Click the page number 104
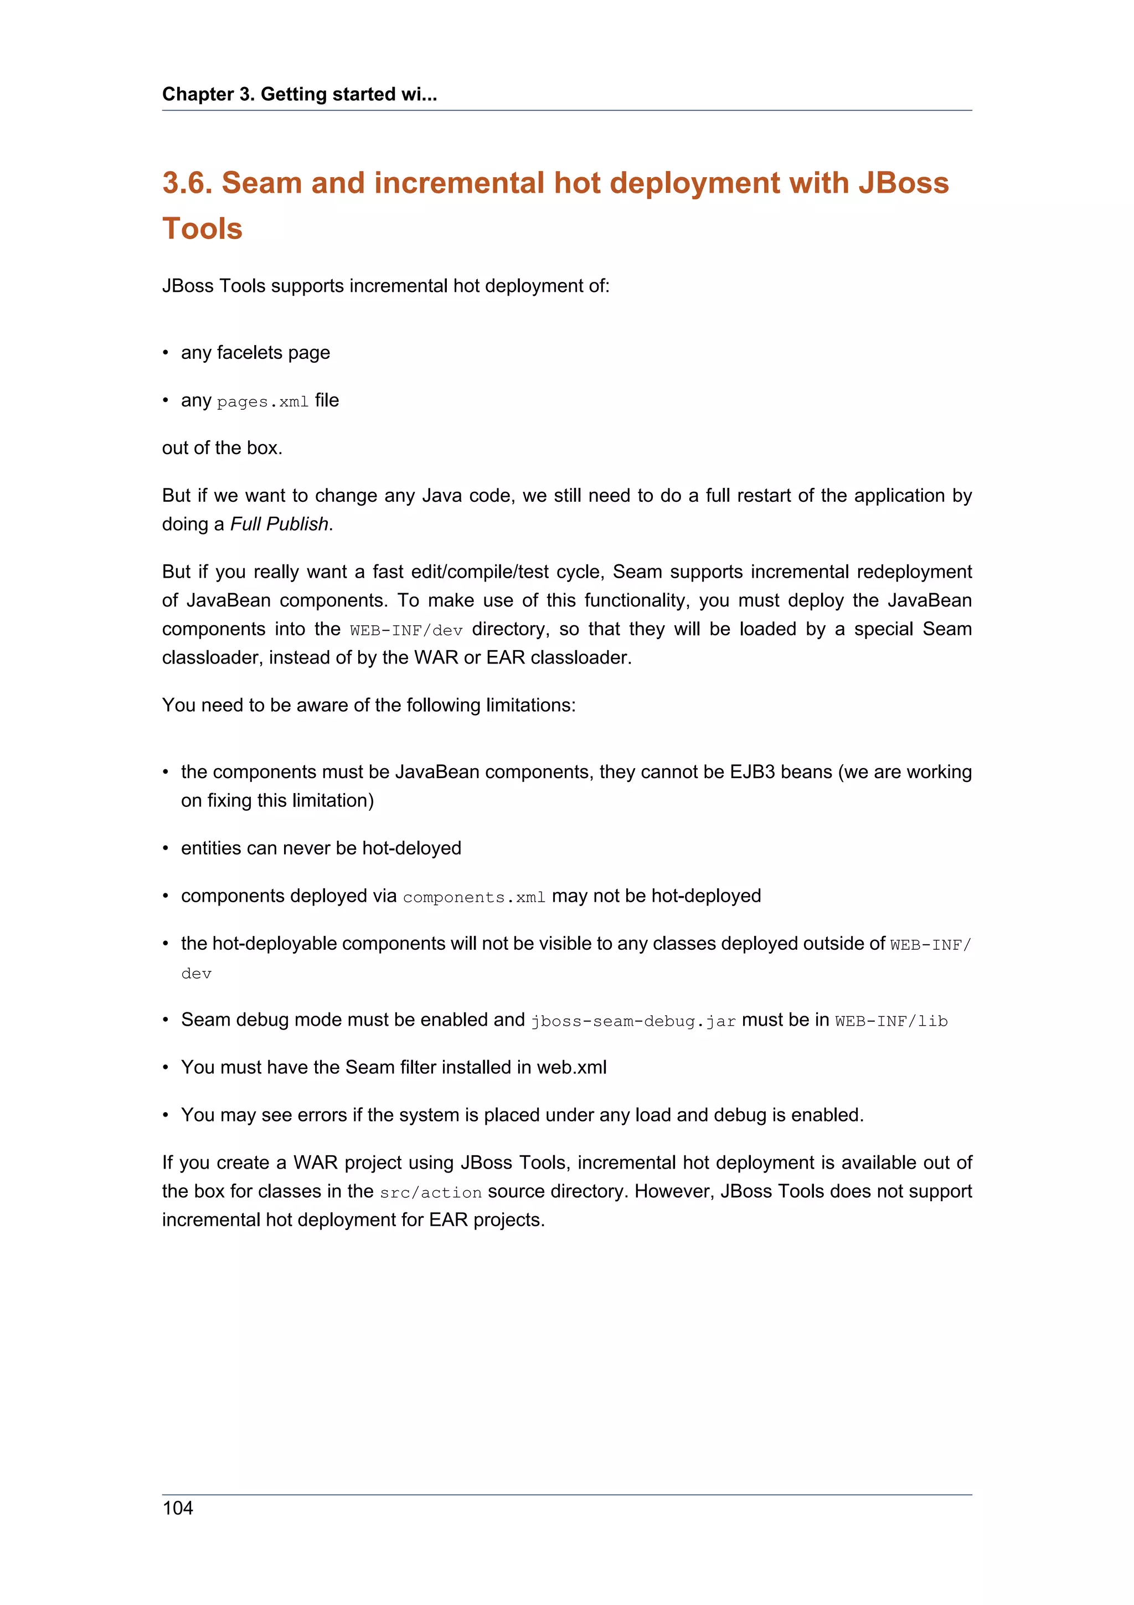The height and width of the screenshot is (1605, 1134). pyautogui.click(x=178, y=1508)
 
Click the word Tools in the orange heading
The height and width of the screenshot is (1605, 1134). pyautogui.click(x=202, y=229)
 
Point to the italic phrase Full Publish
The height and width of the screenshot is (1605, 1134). pyautogui.click(x=280, y=524)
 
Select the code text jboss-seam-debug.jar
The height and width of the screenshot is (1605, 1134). pyautogui.click(x=633, y=1021)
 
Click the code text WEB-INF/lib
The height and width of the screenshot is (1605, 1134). pyautogui.click(x=891, y=1021)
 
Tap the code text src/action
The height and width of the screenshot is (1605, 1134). pyautogui.click(x=430, y=1192)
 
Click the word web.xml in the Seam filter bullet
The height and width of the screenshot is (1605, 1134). pyautogui.click(x=571, y=1067)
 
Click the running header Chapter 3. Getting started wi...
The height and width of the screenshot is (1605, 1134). pyautogui.click(x=299, y=94)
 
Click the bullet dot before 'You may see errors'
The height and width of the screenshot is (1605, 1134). pyautogui.click(x=166, y=1115)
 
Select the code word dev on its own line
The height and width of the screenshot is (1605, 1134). pyautogui.click(x=197, y=974)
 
